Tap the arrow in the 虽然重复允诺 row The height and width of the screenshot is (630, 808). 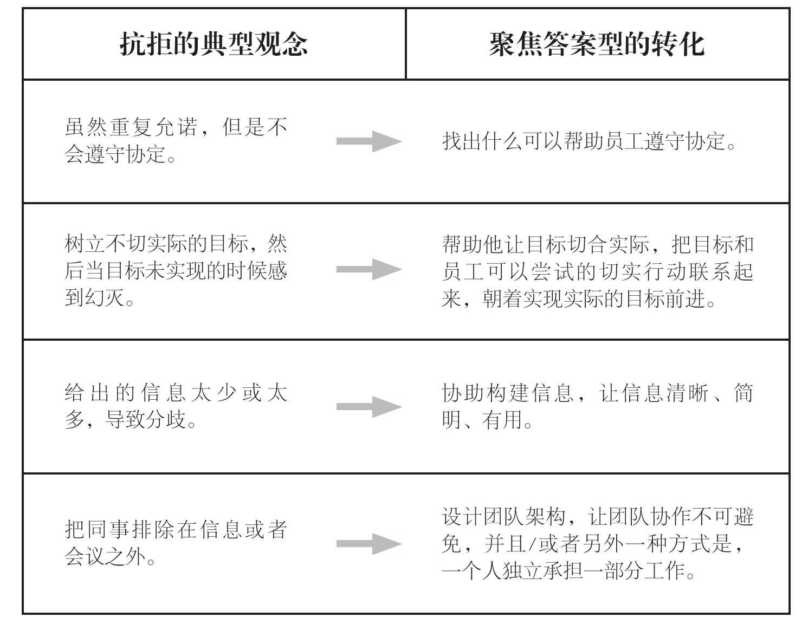pyautogui.click(x=369, y=141)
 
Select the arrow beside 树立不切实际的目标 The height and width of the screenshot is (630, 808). pyautogui.click(x=369, y=269)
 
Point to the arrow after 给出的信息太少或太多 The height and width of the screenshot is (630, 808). pyautogui.click(x=369, y=407)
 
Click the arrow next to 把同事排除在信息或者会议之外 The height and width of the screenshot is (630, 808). pyautogui.click(x=369, y=544)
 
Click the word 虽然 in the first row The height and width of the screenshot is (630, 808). pyautogui.click(x=86, y=127)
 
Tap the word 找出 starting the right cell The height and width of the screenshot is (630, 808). pyautogui.click(x=462, y=141)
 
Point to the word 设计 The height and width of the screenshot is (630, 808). pyautogui.click(x=462, y=517)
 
